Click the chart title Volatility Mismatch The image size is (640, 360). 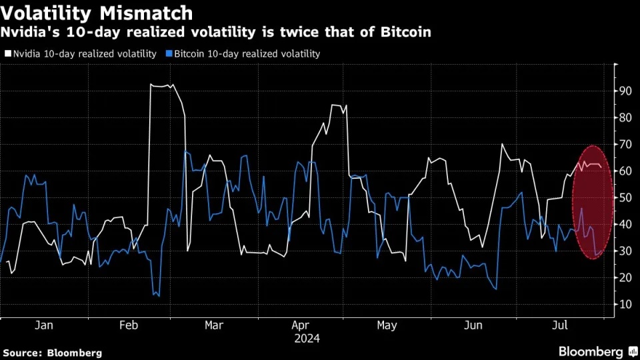click(97, 13)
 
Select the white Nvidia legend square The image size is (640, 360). click(8, 53)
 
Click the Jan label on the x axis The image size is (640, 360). click(44, 325)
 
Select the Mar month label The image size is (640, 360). click(214, 325)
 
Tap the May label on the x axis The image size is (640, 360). click(387, 325)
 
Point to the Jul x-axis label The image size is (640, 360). click(561, 325)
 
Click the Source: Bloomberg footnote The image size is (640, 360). click(53, 352)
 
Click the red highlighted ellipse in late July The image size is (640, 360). click(593, 202)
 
